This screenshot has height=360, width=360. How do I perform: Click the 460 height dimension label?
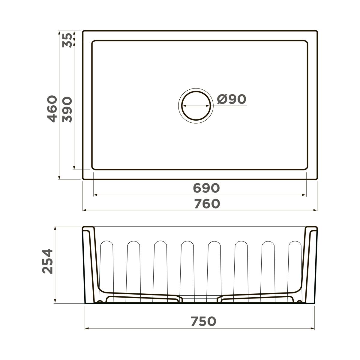tap(52, 109)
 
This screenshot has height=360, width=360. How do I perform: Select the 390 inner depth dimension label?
tap(67, 109)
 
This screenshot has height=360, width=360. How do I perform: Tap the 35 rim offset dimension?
tap(67, 40)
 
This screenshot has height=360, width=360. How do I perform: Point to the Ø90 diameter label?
tap(231, 99)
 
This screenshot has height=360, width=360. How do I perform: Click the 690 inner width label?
tap(206, 188)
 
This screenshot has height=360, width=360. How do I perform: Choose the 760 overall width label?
tap(207, 204)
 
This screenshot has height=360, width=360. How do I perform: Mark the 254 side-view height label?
tap(47, 261)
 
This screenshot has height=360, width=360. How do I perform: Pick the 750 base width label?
tap(203, 321)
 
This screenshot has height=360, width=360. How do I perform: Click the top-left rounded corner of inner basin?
tap(94, 42)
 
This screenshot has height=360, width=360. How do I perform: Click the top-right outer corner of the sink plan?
tap(316, 31)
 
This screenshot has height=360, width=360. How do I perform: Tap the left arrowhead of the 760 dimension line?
tap(84, 210)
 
